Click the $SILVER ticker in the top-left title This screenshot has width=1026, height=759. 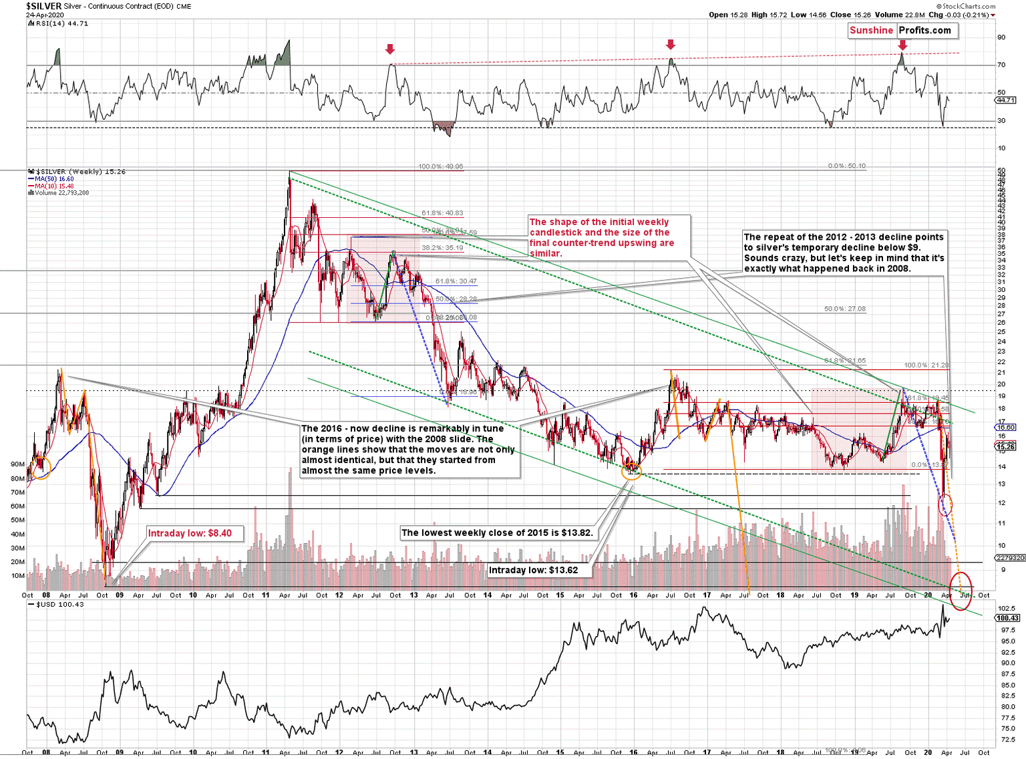pyautogui.click(x=44, y=6)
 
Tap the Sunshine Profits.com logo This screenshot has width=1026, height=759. pyautogui.click(x=902, y=31)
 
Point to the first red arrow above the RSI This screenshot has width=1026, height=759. pyautogui.click(x=390, y=49)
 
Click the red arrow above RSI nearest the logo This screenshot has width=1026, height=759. pyautogui.click(x=902, y=45)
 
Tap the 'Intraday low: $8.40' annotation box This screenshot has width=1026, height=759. pyautogui.click(x=190, y=533)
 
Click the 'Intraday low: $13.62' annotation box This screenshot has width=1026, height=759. pyautogui.click(x=533, y=570)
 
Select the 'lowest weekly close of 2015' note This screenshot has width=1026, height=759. pyautogui.click(x=497, y=533)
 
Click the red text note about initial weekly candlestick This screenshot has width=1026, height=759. pyautogui.click(x=601, y=237)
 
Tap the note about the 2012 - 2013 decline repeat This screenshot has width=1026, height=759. pyautogui.click(x=844, y=253)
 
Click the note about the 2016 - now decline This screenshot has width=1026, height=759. pyautogui.click(x=408, y=450)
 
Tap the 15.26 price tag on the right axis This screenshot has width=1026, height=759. pyautogui.click(x=1005, y=446)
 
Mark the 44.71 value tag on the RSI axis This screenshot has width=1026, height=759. pyautogui.click(x=1005, y=100)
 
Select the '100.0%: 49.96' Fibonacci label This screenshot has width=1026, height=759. pyautogui.click(x=440, y=167)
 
